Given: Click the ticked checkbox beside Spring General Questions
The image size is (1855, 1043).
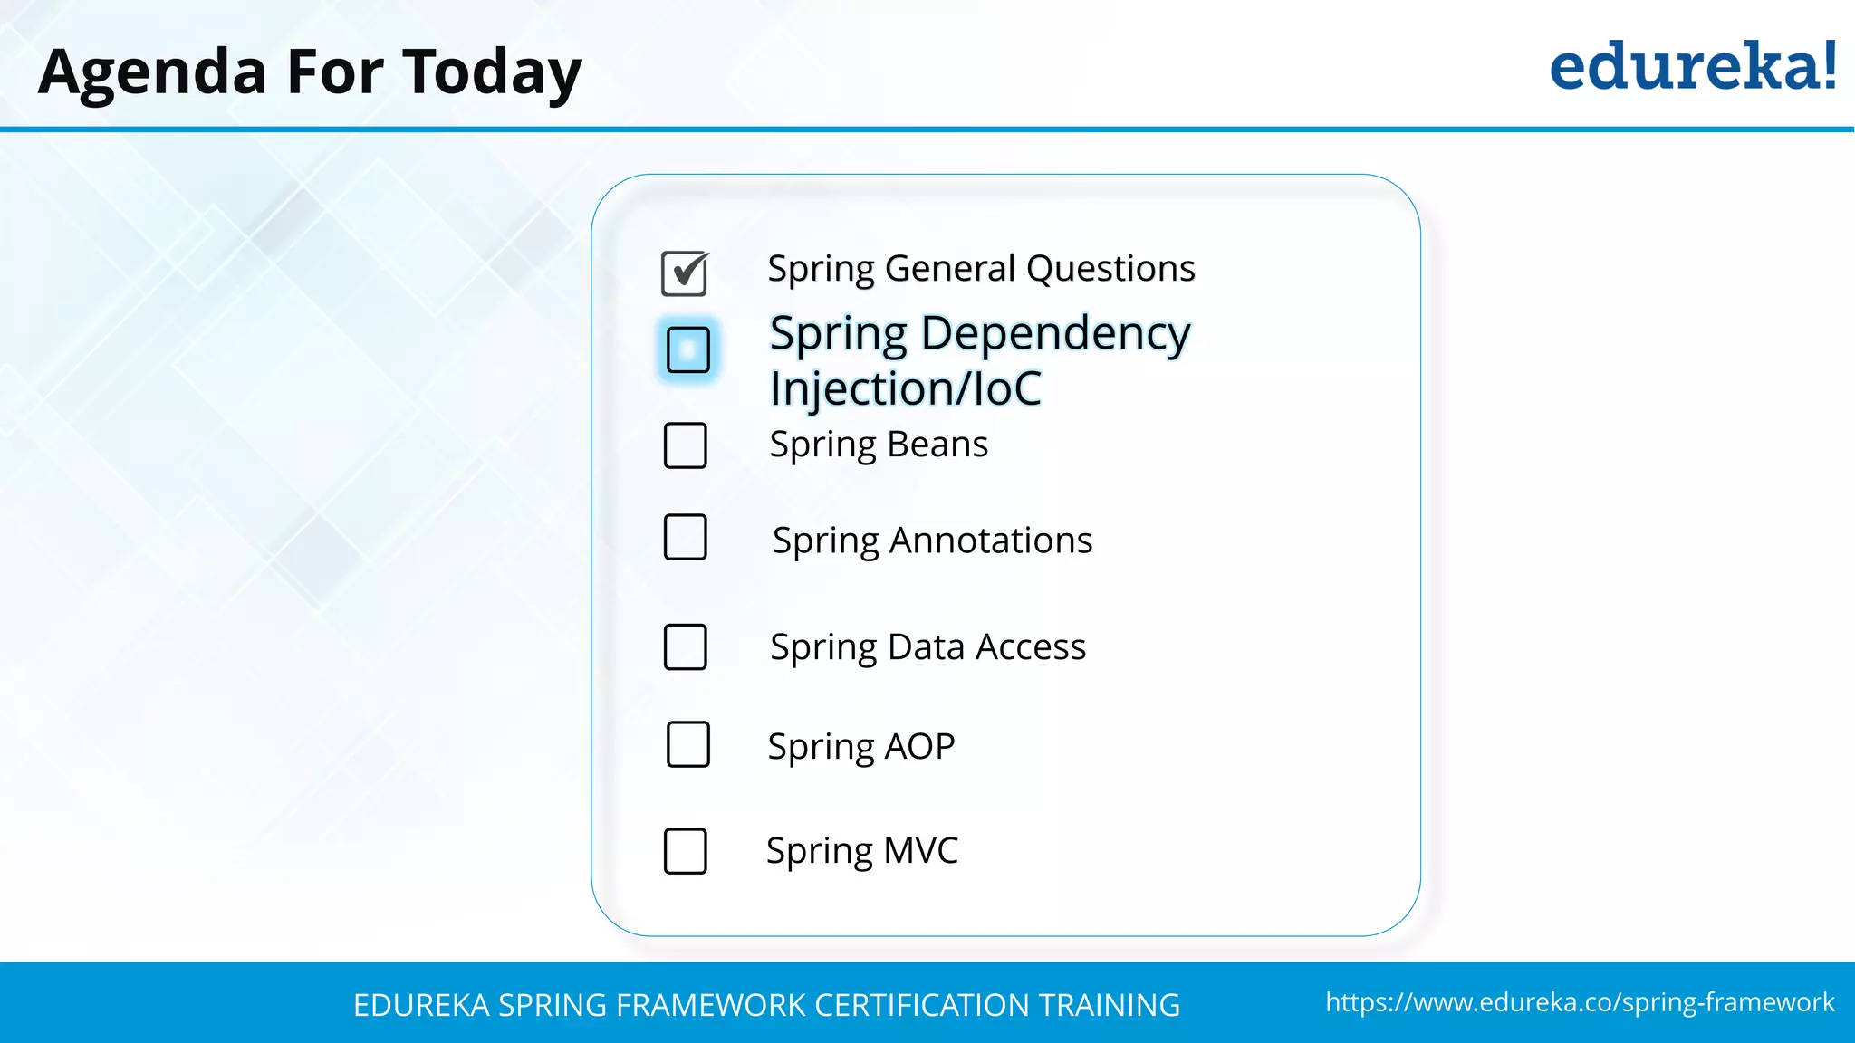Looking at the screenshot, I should (x=685, y=273).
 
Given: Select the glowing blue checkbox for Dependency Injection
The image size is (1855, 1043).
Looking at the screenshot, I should (x=687, y=349).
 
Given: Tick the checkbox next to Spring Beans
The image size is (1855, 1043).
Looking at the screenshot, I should (x=685, y=445).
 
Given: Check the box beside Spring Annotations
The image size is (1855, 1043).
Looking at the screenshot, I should (x=685, y=537).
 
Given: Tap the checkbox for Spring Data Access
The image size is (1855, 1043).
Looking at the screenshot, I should (x=685, y=646).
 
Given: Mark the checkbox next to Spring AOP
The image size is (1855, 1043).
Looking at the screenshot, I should (x=687, y=744).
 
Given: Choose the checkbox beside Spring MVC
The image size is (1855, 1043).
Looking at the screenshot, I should (x=685, y=851).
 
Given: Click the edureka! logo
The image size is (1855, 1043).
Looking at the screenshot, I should (x=1692, y=67).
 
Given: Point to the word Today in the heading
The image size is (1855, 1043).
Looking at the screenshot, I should (x=492, y=72).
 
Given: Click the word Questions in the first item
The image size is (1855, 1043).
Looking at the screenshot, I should (x=1110, y=269).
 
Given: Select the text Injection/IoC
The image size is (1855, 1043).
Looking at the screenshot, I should (x=905, y=388).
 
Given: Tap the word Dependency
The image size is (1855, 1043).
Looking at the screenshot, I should (x=1055, y=333).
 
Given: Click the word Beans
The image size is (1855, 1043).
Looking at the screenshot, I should (x=937, y=445).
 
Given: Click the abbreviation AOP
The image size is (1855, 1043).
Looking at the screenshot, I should (x=918, y=747).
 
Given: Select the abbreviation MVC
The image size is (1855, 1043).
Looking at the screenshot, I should (x=920, y=851).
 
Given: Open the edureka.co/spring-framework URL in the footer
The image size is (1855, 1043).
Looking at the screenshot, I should (x=1580, y=1002).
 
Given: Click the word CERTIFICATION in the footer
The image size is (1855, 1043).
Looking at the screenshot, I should (x=920, y=1005).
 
